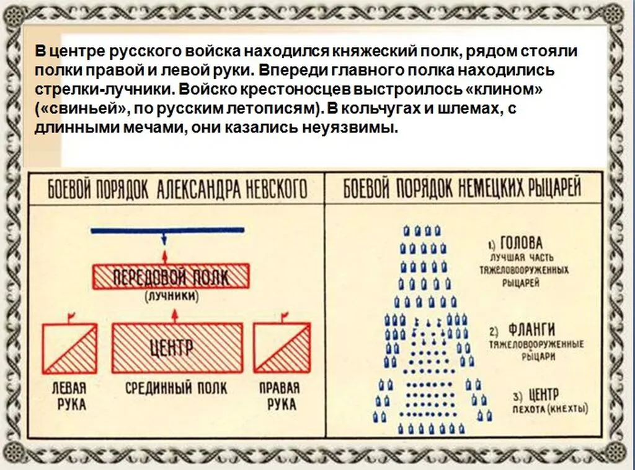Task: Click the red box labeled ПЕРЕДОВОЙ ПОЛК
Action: (171, 277)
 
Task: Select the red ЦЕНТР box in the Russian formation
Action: (177, 348)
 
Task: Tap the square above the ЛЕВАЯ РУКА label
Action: (70, 348)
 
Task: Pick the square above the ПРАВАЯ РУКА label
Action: (282, 348)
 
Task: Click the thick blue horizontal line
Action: (167, 230)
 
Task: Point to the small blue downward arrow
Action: (164, 238)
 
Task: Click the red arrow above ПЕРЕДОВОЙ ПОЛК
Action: (164, 257)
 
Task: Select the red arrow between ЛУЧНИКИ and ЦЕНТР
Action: (175, 316)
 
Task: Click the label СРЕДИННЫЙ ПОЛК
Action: (176, 388)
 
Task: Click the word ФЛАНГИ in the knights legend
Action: (531, 330)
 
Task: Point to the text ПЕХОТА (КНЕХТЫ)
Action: (551, 409)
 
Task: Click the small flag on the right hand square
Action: (285, 315)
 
